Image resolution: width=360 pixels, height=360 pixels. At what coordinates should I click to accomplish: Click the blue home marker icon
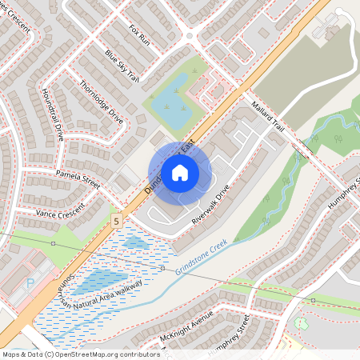(180, 172)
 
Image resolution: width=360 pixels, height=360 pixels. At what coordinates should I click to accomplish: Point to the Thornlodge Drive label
(101, 101)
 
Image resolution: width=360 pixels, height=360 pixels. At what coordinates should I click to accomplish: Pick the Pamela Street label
(78, 178)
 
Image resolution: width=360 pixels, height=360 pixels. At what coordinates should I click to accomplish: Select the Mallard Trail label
(267, 117)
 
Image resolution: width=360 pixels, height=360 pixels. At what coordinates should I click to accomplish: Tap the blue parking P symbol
(31, 283)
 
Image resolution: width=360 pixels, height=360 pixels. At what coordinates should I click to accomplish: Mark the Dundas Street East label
(160, 164)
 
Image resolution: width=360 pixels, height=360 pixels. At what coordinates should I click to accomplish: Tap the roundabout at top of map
(190, 34)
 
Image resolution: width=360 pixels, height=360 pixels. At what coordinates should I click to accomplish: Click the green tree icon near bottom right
(301, 324)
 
